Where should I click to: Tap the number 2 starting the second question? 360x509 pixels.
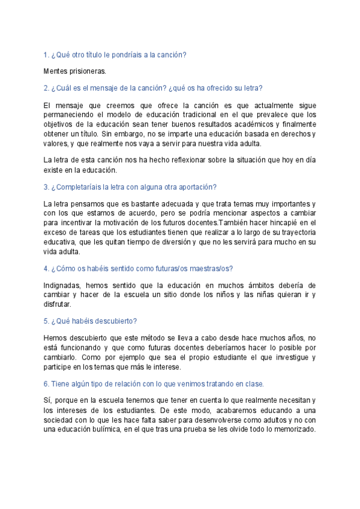(46, 88)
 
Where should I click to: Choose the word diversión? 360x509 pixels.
(169, 242)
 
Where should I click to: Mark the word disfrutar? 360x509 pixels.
(59, 304)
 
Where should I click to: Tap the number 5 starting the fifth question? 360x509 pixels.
(46, 321)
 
